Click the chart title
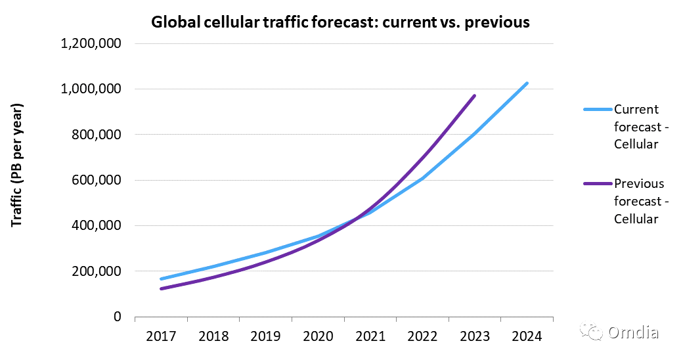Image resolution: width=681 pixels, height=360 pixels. pyautogui.click(x=340, y=22)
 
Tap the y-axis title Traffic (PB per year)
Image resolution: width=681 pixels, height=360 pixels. pyautogui.click(x=17, y=165)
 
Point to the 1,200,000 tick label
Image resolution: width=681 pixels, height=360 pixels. pyautogui.click(x=91, y=44)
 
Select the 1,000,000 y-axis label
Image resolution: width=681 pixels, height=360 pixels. pyautogui.click(x=91, y=89)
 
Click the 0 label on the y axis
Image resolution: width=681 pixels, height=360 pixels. pyautogui.click(x=117, y=317)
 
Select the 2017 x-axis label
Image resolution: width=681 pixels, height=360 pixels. pyautogui.click(x=161, y=336)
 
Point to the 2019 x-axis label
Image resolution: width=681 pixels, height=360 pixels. pyautogui.click(x=265, y=336)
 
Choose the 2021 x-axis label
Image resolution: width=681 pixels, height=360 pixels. pyautogui.click(x=370, y=336)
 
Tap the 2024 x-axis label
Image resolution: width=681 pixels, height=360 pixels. pyautogui.click(x=527, y=336)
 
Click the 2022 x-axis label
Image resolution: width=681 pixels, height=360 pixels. pyautogui.click(x=422, y=336)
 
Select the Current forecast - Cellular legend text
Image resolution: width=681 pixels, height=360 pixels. pyautogui.click(x=636, y=127)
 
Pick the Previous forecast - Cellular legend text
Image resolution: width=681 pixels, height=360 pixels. pyautogui.click(x=638, y=201)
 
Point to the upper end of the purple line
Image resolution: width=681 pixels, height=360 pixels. pyautogui.click(x=474, y=96)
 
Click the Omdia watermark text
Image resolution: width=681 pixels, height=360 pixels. pyautogui.click(x=633, y=332)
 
